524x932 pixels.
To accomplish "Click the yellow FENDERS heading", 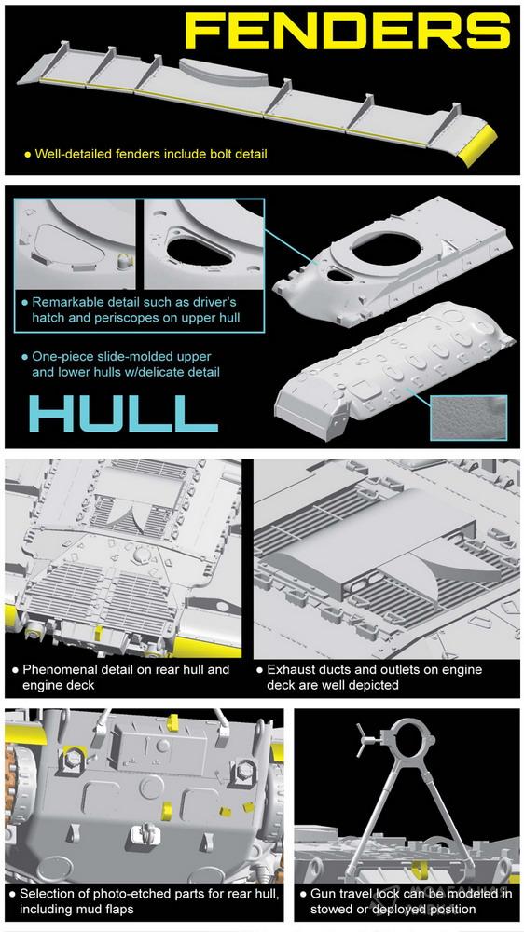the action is click(x=348, y=31).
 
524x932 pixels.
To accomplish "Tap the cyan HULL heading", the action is click(x=123, y=413).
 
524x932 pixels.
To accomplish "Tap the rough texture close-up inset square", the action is click(x=469, y=418).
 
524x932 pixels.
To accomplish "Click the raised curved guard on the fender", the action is click(x=223, y=72).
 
